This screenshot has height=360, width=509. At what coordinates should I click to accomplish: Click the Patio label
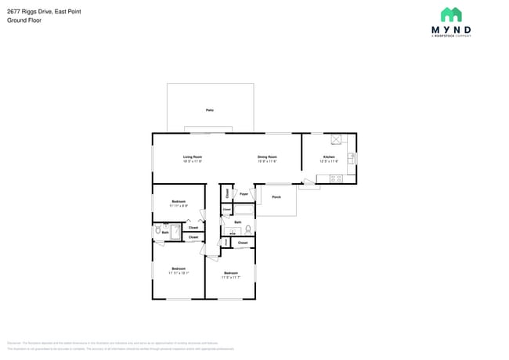coord(210,110)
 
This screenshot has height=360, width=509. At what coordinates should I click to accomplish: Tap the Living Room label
coord(193,157)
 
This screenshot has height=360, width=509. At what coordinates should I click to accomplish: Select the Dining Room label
coord(267,157)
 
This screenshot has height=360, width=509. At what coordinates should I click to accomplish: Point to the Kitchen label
coord(330,157)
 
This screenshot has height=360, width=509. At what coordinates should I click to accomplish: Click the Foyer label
coord(244,193)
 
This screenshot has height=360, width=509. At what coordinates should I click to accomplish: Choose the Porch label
coord(276,197)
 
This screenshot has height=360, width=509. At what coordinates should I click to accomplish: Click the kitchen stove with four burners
coord(336,178)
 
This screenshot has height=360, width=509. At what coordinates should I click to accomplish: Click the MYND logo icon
coord(451,15)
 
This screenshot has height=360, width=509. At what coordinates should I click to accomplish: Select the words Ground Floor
coord(24,20)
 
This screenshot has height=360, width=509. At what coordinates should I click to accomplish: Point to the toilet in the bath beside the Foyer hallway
coord(247,230)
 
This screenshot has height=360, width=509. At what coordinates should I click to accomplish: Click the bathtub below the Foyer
coord(244,210)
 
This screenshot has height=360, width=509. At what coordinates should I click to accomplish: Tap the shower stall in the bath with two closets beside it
coord(175,232)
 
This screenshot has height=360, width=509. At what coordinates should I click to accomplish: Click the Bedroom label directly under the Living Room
coord(179,202)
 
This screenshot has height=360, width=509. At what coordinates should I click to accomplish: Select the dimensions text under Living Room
coord(193,161)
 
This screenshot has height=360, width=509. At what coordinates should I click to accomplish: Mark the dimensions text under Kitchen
coord(330,161)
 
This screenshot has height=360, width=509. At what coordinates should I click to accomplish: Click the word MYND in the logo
coord(451,31)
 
